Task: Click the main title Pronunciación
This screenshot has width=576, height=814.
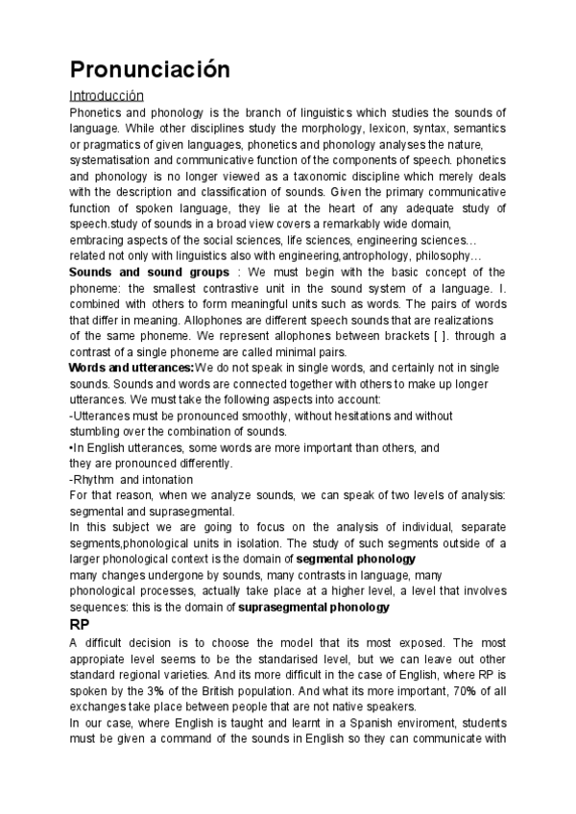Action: coord(151,69)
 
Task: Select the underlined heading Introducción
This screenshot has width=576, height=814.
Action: coord(107,96)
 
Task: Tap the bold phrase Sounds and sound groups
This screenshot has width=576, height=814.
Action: coord(149,273)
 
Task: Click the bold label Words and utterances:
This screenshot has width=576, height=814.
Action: coord(131,368)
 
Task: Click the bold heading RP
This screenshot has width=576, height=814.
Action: coord(81,625)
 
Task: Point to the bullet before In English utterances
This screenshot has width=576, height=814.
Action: coord(72,447)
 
